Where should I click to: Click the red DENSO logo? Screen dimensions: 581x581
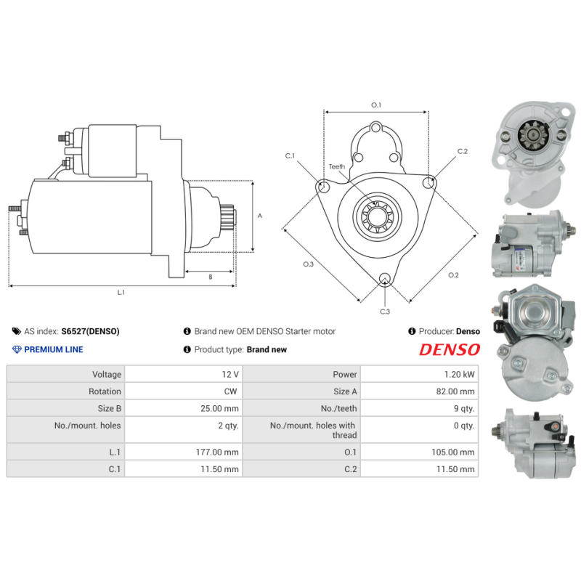(x=450, y=349)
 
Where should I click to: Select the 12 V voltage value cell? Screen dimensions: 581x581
(x=230, y=375)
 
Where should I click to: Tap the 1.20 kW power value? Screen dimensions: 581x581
(x=462, y=375)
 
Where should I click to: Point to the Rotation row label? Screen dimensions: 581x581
(x=105, y=391)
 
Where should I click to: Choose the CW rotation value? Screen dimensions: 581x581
(x=232, y=391)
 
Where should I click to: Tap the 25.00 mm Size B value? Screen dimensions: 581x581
(x=219, y=409)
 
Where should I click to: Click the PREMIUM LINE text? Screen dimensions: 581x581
(x=54, y=349)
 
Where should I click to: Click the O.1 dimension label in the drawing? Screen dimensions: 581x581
(x=376, y=105)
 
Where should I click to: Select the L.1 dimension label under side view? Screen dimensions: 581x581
(x=121, y=293)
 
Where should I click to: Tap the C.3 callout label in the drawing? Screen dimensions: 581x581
(x=385, y=312)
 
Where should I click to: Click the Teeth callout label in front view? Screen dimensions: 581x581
(x=337, y=167)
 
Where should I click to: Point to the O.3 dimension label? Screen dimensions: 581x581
(x=308, y=264)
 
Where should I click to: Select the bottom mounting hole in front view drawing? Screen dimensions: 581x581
(x=385, y=278)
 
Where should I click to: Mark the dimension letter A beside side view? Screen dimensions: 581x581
(x=260, y=216)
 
